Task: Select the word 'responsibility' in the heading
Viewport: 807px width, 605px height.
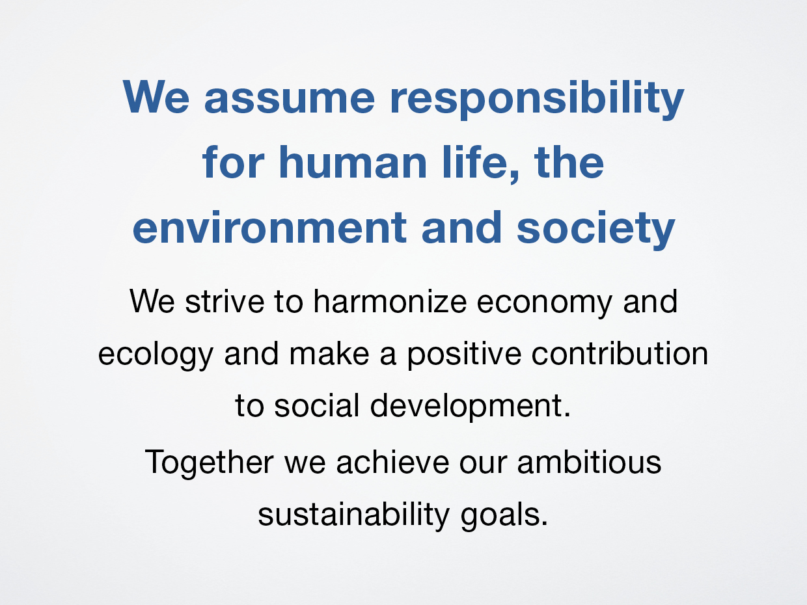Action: point(537,99)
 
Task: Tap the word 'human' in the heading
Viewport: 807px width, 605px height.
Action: point(353,163)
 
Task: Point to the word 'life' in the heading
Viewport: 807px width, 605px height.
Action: point(474,163)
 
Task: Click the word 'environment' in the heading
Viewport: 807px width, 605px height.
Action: point(269,228)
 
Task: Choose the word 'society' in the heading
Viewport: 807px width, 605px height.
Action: point(596,230)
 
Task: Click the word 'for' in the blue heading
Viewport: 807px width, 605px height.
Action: point(233,163)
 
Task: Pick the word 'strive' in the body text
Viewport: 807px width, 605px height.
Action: point(225,301)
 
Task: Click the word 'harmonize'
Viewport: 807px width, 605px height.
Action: point(390,301)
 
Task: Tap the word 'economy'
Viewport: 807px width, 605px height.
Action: point(545,303)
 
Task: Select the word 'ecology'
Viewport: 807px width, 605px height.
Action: point(156,355)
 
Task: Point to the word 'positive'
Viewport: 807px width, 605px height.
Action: point(464,355)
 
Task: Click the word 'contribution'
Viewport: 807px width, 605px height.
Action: point(620,353)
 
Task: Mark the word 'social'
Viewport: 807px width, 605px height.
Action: point(316,405)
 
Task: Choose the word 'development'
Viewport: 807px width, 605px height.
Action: point(466,407)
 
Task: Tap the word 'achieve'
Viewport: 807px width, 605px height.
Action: point(392,462)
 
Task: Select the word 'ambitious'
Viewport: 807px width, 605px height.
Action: point(590,462)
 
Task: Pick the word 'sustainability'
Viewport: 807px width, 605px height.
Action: point(353,516)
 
